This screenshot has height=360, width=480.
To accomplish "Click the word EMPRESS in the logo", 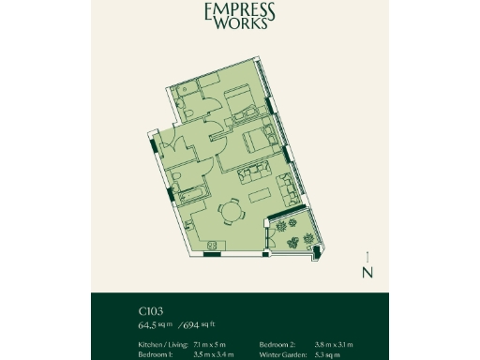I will (x=240, y=11).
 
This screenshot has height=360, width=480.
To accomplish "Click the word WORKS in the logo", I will (x=240, y=23).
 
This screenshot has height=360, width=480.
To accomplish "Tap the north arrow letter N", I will (x=367, y=273).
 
